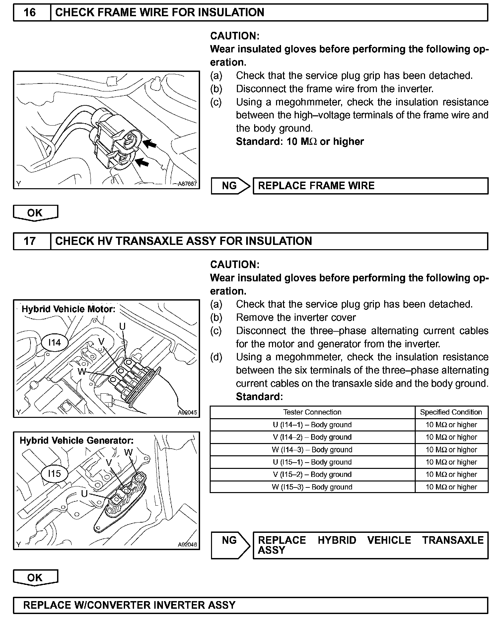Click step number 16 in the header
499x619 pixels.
(x=30, y=13)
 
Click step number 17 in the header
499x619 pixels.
(x=30, y=241)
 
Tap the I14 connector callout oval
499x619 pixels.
(x=54, y=342)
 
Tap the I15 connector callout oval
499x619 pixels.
(x=54, y=474)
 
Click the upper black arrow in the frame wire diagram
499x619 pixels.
(x=150, y=143)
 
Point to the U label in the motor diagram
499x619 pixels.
(x=122, y=326)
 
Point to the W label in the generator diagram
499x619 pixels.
(x=128, y=452)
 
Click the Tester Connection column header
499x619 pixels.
(x=312, y=412)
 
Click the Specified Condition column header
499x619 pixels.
(x=451, y=412)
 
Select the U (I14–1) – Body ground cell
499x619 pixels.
(x=312, y=425)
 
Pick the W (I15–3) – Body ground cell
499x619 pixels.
(x=312, y=487)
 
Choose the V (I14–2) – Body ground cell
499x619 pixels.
(x=312, y=437)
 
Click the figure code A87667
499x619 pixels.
(x=187, y=184)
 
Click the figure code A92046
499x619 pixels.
(x=187, y=544)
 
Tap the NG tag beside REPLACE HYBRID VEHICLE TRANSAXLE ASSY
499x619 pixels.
(x=230, y=540)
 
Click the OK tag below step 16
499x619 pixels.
(x=35, y=213)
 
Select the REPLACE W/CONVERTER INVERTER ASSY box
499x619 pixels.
(x=250, y=605)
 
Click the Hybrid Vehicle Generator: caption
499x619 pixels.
(x=77, y=440)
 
